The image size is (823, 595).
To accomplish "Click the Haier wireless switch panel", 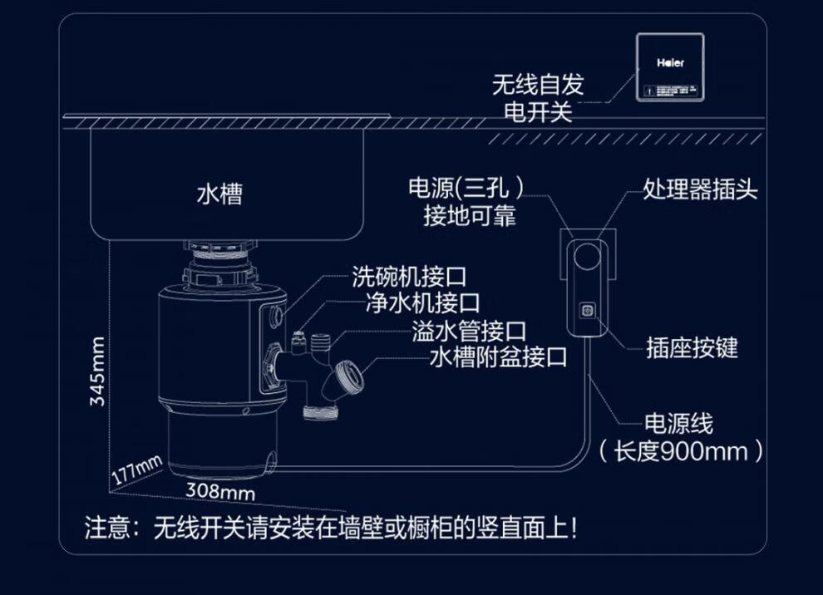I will [x=670, y=67].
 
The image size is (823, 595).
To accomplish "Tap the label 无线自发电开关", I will [x=538, y=98].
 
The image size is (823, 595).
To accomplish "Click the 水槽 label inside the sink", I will [x=219, y=194].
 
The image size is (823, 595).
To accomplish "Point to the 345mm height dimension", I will [x=98, y=371].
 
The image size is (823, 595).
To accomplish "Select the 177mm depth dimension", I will [x=136, y=471].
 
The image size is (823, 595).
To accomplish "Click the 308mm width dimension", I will [x=219, y=491].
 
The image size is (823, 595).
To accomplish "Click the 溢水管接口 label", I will [x=469, y=332].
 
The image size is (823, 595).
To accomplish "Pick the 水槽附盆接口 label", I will [x=499, y=358].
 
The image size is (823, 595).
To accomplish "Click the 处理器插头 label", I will [x=700, y=189].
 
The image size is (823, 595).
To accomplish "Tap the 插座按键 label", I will [x=692, y=347].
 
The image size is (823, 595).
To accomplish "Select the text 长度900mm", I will [x=681, y=451].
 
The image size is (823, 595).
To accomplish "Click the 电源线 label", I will [x=678, y=424].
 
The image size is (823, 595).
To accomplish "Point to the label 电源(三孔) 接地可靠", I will [x=468, y=202].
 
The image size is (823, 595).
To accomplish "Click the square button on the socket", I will [x=587, y=311].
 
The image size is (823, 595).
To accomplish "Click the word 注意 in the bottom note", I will [x=106, y=528].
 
